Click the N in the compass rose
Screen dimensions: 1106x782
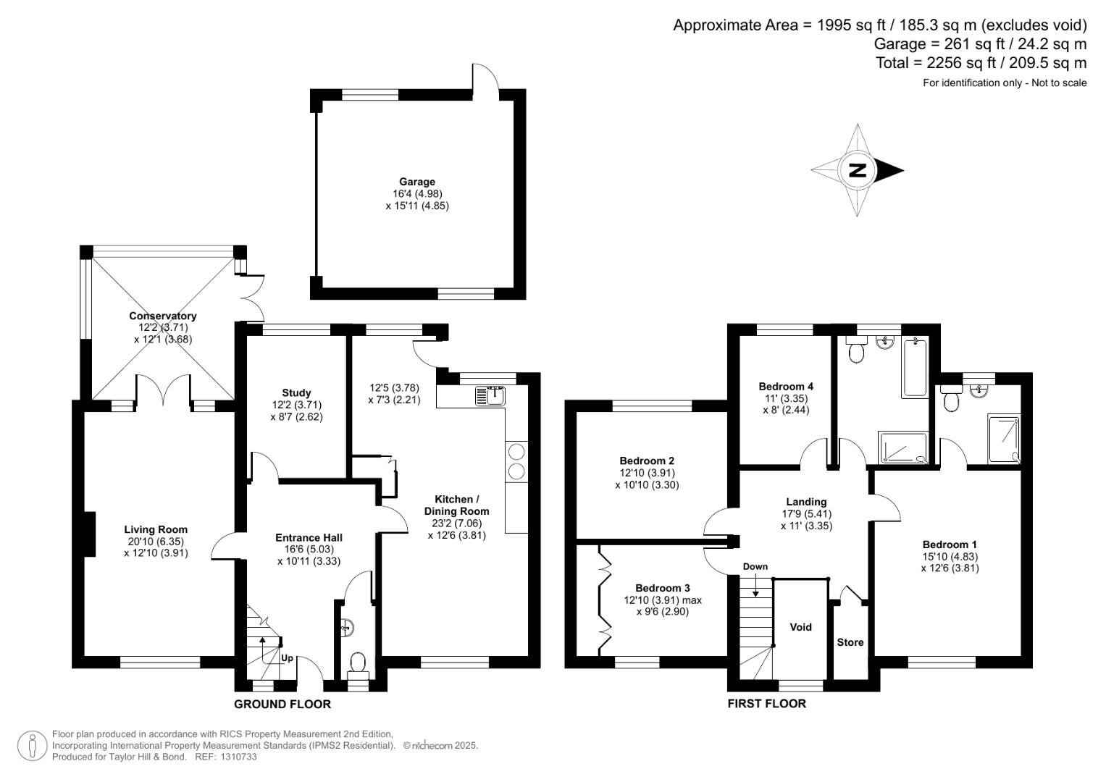[x=857, y=170]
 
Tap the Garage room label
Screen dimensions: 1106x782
[x=417, y=182]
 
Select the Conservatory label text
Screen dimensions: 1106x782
[x=163, y=316]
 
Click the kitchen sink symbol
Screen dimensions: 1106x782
[x=490, y=396]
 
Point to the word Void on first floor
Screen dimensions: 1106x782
[x=800, y=627]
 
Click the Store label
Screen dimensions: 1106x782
[x=850, y=642]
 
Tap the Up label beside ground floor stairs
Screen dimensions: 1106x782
[x=287, y=658]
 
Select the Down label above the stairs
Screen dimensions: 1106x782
[x=755, y=567]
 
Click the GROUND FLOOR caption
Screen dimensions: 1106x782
[x=282, y=704]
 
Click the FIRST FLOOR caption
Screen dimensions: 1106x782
[x=767, y=704]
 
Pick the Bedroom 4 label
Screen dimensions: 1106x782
[x=785, y=387]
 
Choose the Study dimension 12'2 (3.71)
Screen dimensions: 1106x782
[x=296, y=405]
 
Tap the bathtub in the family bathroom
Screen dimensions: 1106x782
[x=915, y=368]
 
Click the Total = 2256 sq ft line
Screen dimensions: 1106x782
[x=981, y=63]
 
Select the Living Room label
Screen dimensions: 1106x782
[x=156, y=530]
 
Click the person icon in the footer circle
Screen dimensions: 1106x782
[x=33, y=746]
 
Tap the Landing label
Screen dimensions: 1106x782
[x=806, y=502]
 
